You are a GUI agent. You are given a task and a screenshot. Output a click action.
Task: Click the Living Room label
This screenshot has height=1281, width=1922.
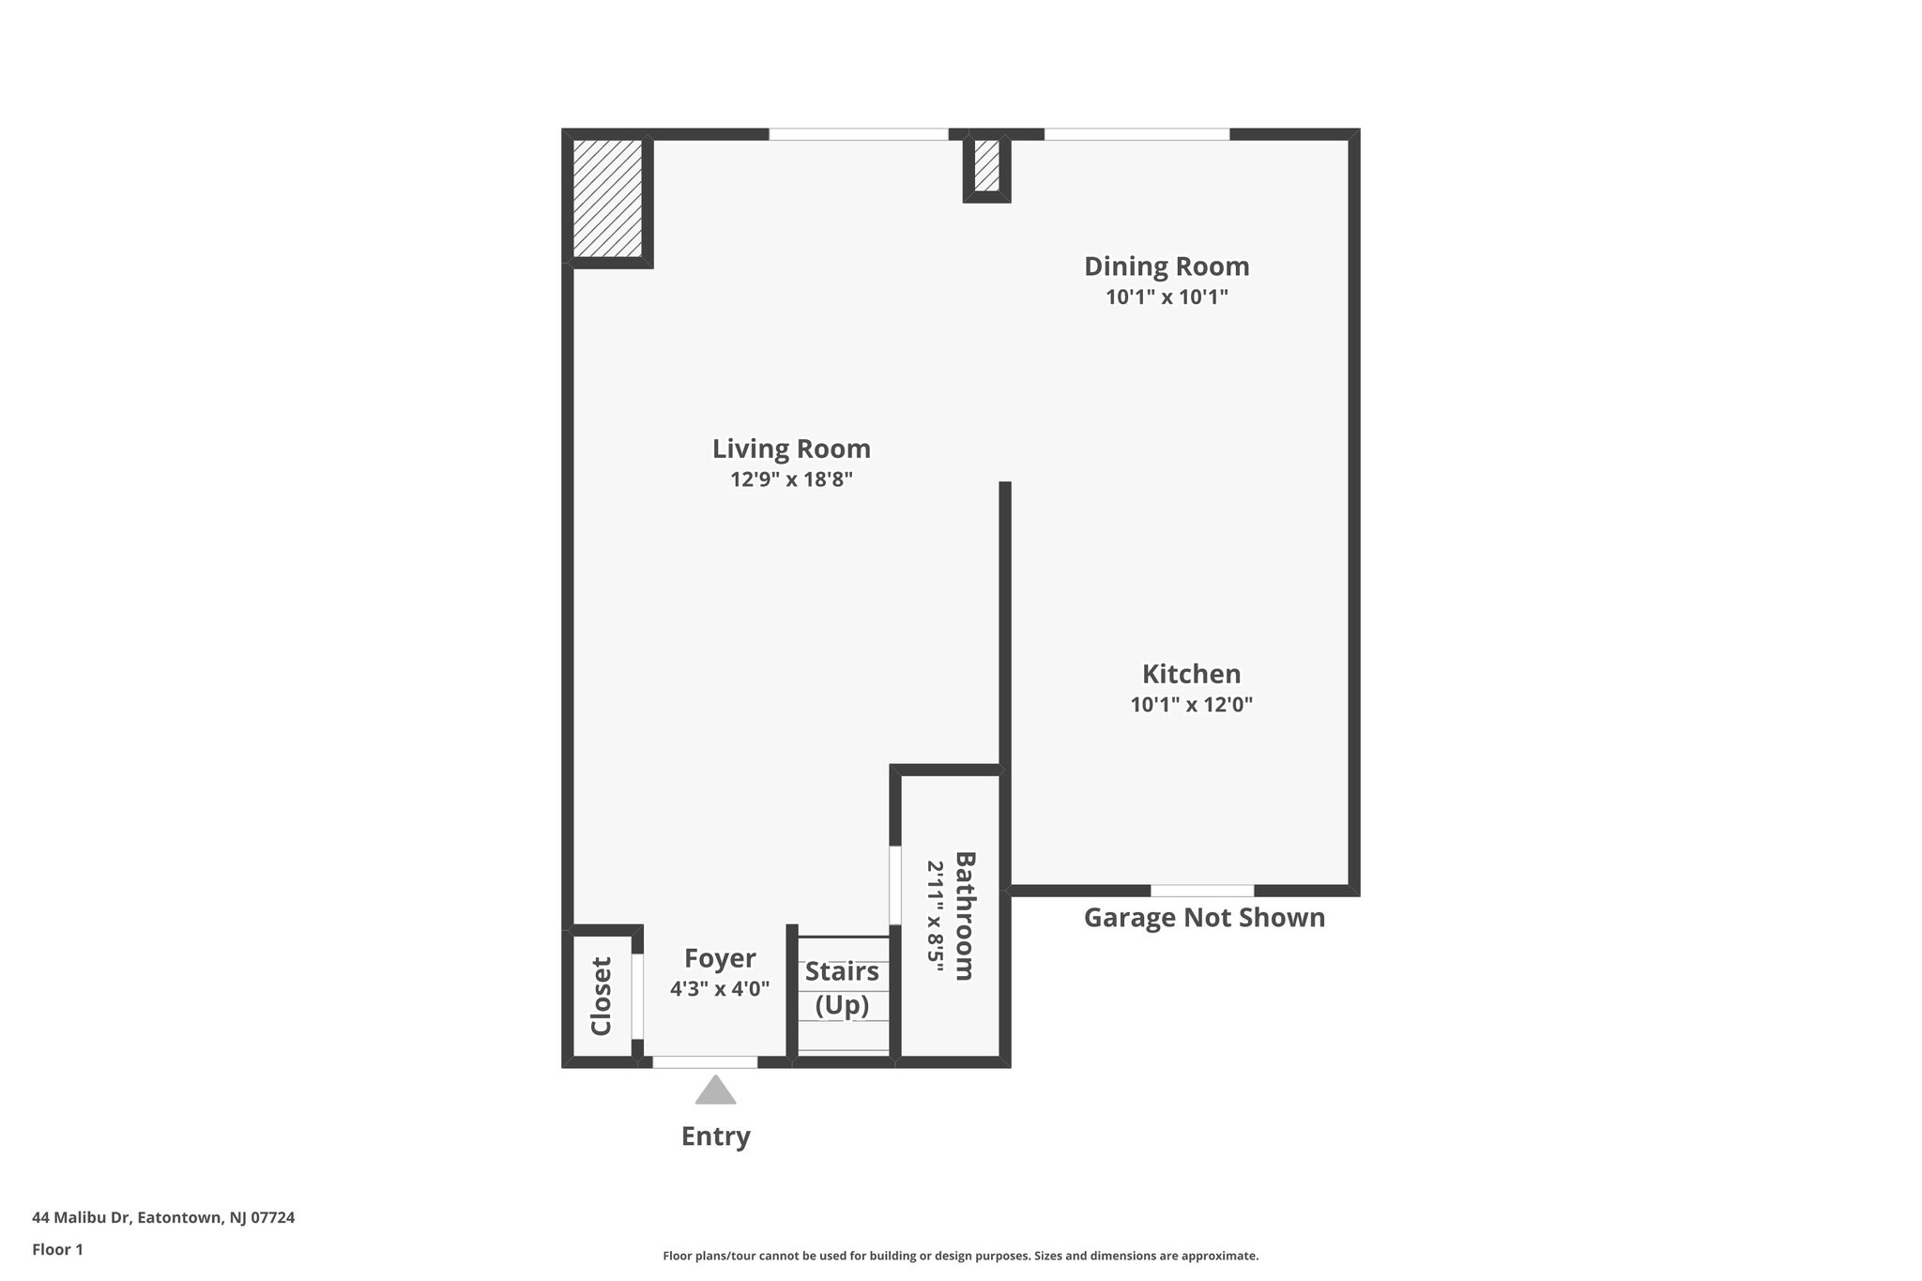[x=791, y=449]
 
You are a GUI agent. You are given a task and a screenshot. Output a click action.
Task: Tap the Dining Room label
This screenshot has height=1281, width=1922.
[x=1167, y=267]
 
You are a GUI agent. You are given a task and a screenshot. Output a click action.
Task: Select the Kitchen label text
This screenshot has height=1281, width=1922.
[x=1191, y=674]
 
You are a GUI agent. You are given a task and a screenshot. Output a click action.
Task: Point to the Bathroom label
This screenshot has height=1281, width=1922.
[x=965, y=916]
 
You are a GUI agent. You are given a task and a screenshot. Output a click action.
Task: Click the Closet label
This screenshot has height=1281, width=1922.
[x=601, y=996]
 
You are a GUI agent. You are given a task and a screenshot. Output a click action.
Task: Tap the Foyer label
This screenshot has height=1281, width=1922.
[x=720, y=958]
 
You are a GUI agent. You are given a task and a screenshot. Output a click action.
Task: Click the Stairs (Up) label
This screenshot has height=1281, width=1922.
[x=842, y=988]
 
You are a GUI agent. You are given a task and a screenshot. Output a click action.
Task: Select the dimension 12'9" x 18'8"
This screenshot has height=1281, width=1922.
[x=791, y=480]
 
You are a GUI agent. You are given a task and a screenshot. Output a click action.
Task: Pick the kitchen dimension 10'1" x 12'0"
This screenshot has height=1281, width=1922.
[x=1191, y=705]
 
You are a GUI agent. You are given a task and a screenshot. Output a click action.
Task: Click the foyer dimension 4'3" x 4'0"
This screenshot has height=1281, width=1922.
[x=720, y=988]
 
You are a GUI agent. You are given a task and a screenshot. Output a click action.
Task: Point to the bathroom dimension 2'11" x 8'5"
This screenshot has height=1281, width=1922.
[x=935, y=916]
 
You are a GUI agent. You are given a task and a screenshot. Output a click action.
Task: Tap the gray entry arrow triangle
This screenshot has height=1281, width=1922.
[x=715, y=1091]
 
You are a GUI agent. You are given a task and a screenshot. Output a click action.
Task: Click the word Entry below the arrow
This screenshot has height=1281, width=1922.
[x=715, y=1136]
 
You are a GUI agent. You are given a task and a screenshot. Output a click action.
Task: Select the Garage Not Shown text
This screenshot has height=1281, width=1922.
[x=1204, y=918]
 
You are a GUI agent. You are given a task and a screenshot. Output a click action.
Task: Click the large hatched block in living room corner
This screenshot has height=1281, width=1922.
[x=607, y=198]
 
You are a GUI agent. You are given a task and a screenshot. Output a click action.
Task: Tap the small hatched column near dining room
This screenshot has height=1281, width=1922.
[x=986, y=165]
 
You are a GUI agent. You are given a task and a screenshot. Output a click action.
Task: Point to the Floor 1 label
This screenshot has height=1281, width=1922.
[x=57, y=1250]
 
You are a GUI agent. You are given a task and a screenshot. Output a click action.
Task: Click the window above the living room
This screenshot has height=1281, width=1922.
[x=859, y=134]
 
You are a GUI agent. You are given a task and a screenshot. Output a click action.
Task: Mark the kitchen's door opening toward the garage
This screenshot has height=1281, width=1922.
[x=1202, y=891]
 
